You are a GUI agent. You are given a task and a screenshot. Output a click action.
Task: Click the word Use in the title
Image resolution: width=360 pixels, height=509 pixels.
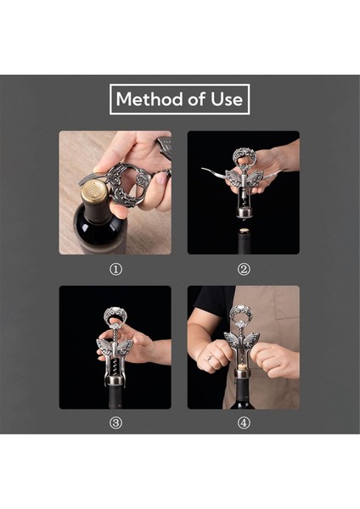[227, 99]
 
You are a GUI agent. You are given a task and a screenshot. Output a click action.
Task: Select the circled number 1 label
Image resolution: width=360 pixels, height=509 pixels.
[115, 270]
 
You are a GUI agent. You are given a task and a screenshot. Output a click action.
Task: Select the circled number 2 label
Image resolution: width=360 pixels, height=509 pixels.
[244, 270]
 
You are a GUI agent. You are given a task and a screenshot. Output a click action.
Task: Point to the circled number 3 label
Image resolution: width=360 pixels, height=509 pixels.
[115, 422]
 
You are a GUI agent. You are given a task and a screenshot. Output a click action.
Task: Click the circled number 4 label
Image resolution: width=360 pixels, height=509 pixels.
[244, 422]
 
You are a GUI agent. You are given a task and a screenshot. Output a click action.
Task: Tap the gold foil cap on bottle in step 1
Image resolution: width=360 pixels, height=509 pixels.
[94, 192]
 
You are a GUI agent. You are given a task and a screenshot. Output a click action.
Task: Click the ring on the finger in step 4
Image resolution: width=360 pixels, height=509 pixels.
[209, 358]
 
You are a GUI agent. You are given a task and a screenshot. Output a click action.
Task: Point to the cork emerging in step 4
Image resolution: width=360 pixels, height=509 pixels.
[241, 366]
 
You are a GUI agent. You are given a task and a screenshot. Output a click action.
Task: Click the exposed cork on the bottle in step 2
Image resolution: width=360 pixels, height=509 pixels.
[244, 231]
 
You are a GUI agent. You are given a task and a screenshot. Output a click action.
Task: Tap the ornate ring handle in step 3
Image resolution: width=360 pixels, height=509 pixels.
[115, 316]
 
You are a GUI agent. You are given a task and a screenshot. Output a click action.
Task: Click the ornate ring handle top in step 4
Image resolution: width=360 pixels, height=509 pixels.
[241, 314]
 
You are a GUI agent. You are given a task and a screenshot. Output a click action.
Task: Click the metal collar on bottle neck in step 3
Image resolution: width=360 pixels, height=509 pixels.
[115, 380]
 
